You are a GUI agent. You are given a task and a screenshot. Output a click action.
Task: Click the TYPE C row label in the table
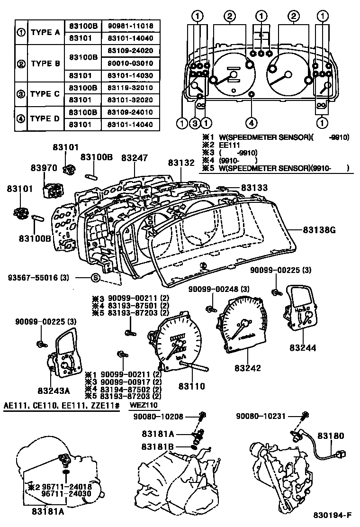pyautogui.click(x=45, y=94)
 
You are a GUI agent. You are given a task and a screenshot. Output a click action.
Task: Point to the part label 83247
pyautogui.click(x=134, y=157)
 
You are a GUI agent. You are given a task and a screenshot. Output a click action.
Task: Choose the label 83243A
pyautogui.click(x=54, y=391)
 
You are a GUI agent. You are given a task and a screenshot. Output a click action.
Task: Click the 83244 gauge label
pyautogui.click(x=303, y=347)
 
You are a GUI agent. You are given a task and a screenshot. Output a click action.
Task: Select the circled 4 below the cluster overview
pyautogui.click(x=251, y=123)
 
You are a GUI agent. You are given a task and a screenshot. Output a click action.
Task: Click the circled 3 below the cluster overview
pyautogui.click(x=194, y=123)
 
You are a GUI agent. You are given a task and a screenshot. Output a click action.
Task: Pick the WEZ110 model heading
pyautogui.click(x=144, y=406)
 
